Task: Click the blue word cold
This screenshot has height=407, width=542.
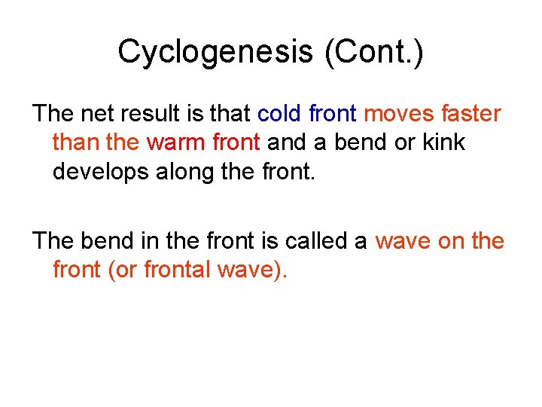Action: point(280,114)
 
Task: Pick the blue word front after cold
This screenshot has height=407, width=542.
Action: point(333,114)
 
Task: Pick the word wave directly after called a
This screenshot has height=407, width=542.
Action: point(403,241)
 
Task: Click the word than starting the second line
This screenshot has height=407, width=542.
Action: point(75,142)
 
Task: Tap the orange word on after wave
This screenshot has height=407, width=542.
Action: point(451,241)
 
